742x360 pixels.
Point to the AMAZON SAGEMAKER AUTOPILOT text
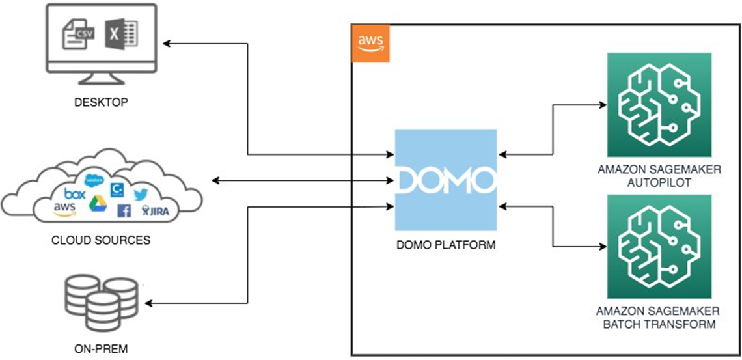pyautogui.click(x=658, y=176)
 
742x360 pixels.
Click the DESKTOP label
pyautogui.click(x=101, y=102)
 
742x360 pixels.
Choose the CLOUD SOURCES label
pyautogui.click(x=101, y=240)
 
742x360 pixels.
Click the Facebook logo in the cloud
pyautogui.click(x=124, y=210)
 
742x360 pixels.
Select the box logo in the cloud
pyautogui.click(x=75, y=193)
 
